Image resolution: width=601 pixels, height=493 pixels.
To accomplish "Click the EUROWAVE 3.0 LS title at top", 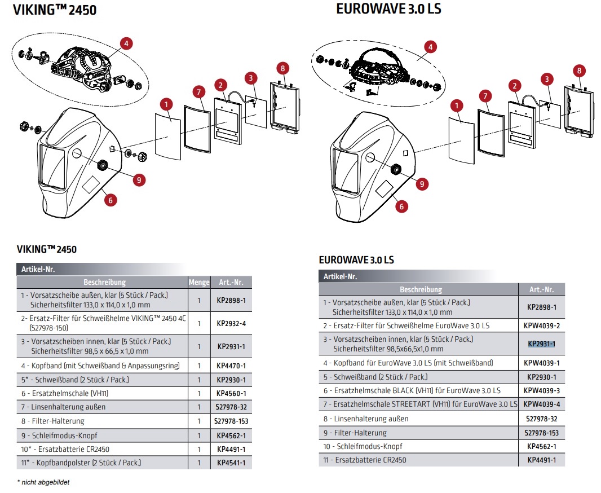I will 388,9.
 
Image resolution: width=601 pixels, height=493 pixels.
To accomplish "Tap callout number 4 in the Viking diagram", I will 126,43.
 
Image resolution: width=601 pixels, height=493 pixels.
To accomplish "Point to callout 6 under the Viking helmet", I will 110,199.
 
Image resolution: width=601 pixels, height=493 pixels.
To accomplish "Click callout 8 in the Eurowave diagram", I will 578,71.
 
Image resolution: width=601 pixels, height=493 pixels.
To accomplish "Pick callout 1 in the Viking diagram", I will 165,104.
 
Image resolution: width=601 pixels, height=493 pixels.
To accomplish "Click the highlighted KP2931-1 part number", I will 541,344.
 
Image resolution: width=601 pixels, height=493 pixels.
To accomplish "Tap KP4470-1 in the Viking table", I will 231,366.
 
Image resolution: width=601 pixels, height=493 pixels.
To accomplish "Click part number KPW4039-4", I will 541,404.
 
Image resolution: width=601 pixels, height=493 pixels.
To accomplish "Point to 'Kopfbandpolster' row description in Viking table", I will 81,463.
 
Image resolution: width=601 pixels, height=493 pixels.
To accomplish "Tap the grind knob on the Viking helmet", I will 103,165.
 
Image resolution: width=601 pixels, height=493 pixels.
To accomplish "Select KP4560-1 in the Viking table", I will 231,393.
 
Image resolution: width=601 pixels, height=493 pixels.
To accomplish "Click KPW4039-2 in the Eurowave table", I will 541,325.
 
